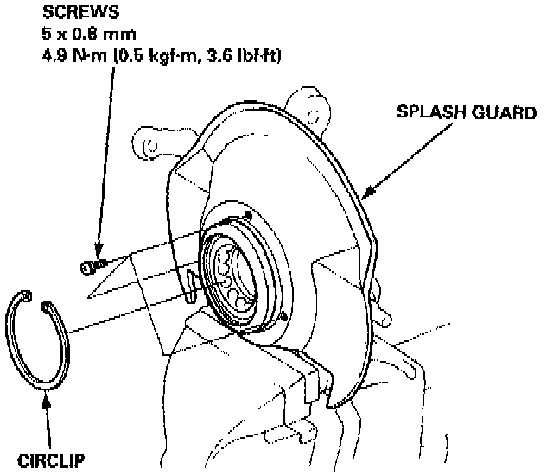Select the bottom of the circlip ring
pos(43,384)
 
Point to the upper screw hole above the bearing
pos(248,214)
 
